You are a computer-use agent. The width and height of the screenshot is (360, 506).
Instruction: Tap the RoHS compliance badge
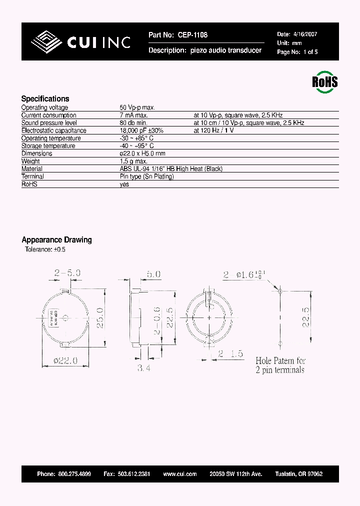(324, 81)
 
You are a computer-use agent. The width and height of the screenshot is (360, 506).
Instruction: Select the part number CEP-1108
(191, 35)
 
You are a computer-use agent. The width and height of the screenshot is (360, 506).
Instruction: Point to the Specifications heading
(45, 98)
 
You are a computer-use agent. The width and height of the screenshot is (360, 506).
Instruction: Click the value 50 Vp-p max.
(137, 107)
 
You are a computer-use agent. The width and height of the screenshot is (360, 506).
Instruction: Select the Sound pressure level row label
(49, 122)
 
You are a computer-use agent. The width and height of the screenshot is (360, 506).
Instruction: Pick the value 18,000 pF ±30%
(141, 130)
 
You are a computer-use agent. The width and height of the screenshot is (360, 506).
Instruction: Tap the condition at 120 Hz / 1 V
(213, 130)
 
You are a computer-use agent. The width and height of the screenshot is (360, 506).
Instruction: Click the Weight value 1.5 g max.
(133, 161)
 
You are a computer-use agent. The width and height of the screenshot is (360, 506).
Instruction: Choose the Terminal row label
(32, 176)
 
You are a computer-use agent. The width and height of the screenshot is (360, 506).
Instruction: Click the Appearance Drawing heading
(56, 239)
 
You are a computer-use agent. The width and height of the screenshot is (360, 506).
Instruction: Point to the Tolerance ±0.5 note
(45, 249)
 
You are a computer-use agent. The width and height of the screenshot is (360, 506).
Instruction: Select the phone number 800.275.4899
(74, 473)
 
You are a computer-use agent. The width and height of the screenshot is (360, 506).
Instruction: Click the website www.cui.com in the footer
(175, 473)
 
